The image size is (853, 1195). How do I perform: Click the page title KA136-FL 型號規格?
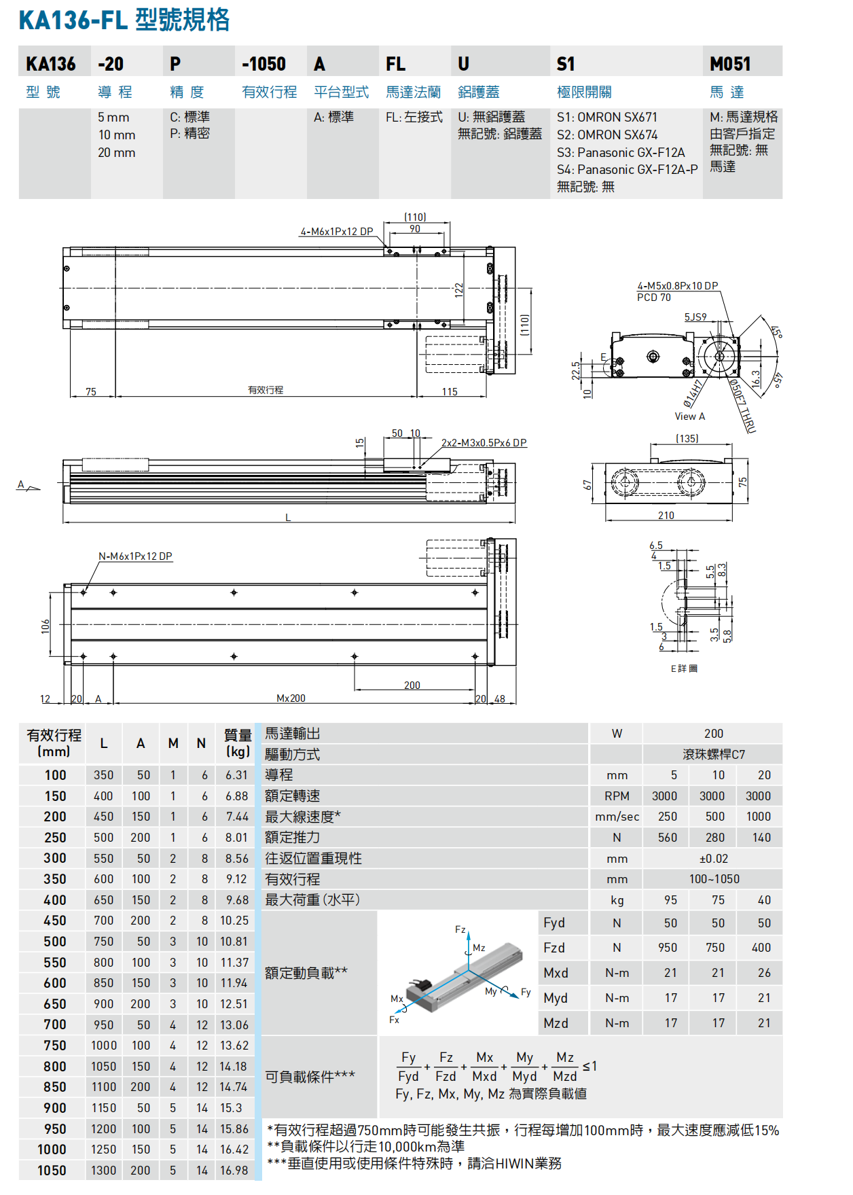tap(124, 20)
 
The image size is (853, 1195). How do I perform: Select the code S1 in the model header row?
tap(566, 64)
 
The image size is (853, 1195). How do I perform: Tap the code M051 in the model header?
tap(730, 64)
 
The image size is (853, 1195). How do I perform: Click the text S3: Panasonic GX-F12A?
tap(621, 152)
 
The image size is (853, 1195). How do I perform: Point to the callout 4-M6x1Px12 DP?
tap(337, 232)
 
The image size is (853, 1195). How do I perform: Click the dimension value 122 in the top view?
tap(459, 290)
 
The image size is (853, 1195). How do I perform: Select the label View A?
tap(689, 416)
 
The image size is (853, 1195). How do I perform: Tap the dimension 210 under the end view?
tap(666, 516)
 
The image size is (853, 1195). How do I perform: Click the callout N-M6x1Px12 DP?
tap(135, 556)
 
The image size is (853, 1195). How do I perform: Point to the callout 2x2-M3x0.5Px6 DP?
tap(484, 443)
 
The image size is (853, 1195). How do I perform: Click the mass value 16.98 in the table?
tap(234, 1171)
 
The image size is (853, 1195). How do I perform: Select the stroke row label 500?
tap(55, 942)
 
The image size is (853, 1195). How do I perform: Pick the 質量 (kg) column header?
tap(238, 743)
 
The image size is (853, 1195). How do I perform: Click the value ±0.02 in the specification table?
tap(713, 859)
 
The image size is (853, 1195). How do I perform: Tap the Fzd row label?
tap(554, 948)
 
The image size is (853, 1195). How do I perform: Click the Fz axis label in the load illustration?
tap(460, 929)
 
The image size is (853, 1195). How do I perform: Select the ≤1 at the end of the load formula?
tap(589, 1067)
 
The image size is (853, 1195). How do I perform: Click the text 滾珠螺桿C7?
tap(713, 755)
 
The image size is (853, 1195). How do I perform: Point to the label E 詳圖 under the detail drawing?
tap(684, 668)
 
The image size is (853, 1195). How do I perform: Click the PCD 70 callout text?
tap(653, 298)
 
